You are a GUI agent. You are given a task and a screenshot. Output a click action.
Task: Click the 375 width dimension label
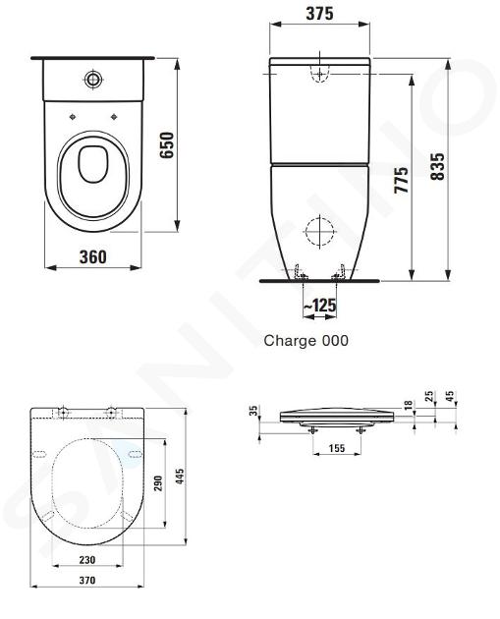click(319, 14)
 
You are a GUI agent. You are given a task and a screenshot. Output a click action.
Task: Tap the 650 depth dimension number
click(167, 145)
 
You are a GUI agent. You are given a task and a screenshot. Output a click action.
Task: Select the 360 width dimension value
click(93, 257)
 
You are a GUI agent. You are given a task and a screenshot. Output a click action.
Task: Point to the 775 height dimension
click(402, 180)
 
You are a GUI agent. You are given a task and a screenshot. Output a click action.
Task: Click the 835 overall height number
click(437, 167)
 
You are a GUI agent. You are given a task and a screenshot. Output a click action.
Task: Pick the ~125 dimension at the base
click(319, 306)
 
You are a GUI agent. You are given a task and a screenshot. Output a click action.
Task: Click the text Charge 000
click(306, 340)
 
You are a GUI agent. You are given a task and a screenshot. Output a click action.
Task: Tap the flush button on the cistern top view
click(93, 80)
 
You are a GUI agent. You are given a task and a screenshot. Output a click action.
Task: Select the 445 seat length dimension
click(180, 477)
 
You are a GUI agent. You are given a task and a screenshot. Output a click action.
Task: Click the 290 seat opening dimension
click(158, 483)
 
